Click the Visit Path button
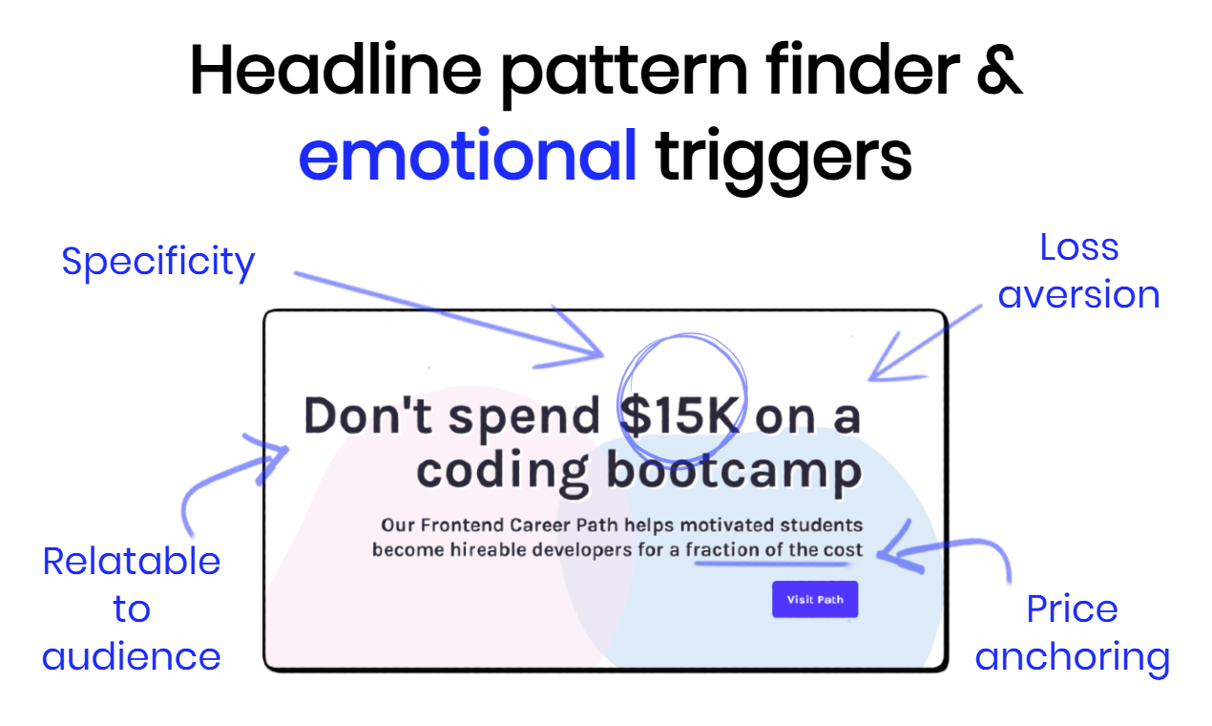815,600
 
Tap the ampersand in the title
997,70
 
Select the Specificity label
158,262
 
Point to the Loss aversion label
1078,271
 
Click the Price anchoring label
1072,633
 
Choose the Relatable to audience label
132,609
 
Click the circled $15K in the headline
681,416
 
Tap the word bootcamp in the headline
733,471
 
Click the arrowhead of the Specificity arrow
598,352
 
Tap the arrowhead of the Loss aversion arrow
874,375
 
